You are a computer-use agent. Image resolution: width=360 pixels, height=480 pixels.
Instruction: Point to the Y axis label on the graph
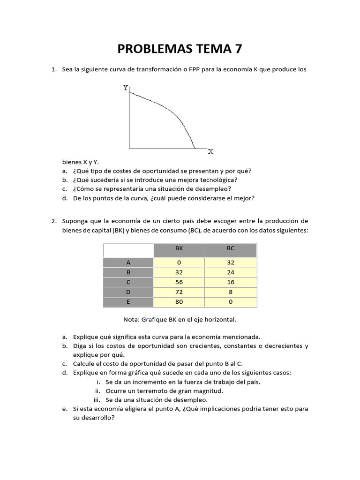pyautogui.click(x=126, y=88)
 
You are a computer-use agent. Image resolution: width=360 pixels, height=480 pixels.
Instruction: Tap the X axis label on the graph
pyautogui.click(x=210, y=151)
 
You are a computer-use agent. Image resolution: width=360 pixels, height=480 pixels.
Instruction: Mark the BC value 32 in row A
pyautogui.click(x=231, y=263)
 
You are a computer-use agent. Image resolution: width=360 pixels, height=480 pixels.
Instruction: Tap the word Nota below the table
pyautogui.click(x=130, y=319)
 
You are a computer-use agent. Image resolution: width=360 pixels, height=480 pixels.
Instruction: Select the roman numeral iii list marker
pyautogui.click(x=97, y=400)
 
